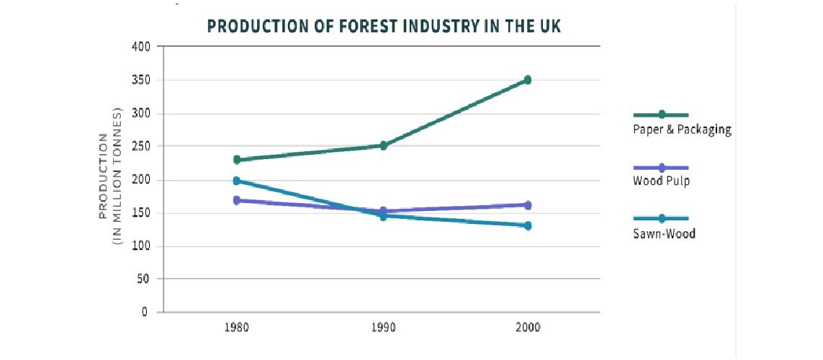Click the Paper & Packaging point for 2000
pos(528,80)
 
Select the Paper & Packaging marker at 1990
pos(384,145)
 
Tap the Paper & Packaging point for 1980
pos(237,160)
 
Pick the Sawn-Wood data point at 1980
pos(237,181)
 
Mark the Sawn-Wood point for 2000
pos(528,225)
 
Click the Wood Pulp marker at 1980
pos(237,200)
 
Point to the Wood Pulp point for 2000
pos(528,205)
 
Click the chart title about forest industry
pos(384,27)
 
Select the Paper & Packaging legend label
pos(682,130)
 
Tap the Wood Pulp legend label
pos(661,181)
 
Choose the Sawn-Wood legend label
pos(664,233)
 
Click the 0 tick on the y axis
pos(144,312)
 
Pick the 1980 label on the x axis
pos(237,327)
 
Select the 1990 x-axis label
pos(384,327)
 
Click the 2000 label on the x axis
pos(528,327)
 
